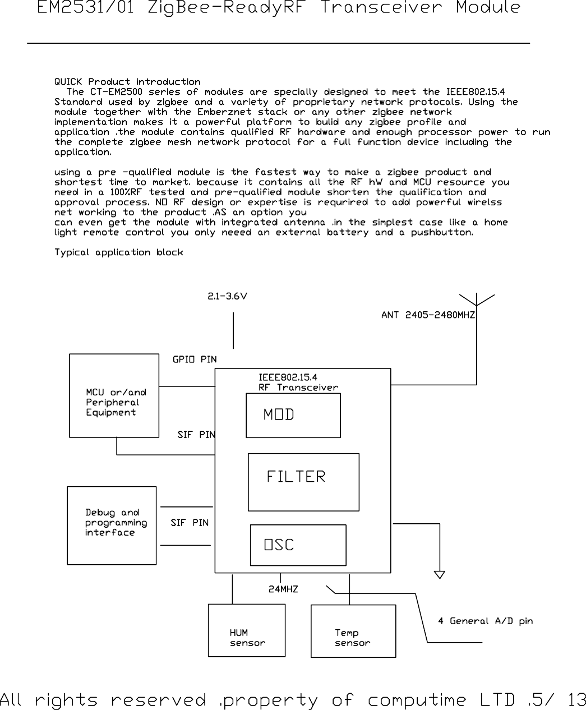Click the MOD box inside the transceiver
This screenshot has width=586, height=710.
pyautogui.click(x=293, y=415)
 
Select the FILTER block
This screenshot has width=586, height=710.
pyautogui.click(x=303, y=482)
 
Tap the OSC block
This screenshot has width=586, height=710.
pyautogui.click(x=298, y=545)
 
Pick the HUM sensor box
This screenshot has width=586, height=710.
pyautogui.click(x=247, y=630)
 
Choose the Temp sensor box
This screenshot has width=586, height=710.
pyautogui.click(x=353, y=631)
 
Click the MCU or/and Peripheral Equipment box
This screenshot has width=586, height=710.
pyautogui.click(x=114, y=395)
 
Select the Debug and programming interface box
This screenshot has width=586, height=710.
pyautogui.click(x=112, y=525)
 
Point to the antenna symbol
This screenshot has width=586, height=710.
pyautogui.click(x=477, y=301)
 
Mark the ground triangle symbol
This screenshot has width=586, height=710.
pyautogui.click(x=440, y=575)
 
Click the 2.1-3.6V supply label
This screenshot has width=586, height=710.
pyautogui.click(x=227, y=297)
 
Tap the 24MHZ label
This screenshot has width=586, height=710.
pyautogui.click(x=283, y=589)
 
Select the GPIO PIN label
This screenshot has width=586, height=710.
pyautogui.click(x=195, y=359)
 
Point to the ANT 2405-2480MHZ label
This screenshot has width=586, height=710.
pyautogui.click(x=428, y=315)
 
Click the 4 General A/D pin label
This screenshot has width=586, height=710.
pyautogui.click(x=485, y=621)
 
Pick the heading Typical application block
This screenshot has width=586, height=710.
pyautogui.click(x=118, y=252)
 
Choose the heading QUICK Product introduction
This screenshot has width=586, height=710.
pyautogui.click(x=127, y=82)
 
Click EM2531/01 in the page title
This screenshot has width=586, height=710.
pyautogui.click(x=85, y=8)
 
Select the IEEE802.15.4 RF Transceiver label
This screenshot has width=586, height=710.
pyautogui.click(x=298, y=382)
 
